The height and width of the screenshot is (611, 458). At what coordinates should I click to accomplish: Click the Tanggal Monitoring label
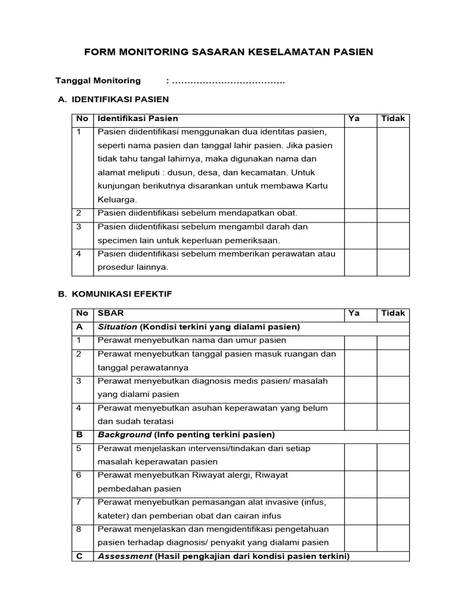98,81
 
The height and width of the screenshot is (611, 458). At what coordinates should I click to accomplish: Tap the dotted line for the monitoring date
228,81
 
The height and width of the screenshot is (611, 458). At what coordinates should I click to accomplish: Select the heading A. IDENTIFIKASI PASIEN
113,99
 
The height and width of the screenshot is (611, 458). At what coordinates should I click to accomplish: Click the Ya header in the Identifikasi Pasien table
354,119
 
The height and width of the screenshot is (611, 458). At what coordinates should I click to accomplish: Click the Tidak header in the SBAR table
393,313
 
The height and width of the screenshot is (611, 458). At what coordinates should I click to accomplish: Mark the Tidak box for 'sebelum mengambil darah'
393,234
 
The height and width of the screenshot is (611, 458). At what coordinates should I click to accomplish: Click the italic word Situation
117,327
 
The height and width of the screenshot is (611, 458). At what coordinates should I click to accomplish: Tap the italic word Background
124,434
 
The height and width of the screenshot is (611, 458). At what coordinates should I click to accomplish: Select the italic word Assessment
125,556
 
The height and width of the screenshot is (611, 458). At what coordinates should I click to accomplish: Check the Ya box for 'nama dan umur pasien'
361,341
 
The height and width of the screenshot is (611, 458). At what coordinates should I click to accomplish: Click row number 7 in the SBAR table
79,502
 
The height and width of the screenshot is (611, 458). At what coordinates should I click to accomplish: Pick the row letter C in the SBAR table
79,556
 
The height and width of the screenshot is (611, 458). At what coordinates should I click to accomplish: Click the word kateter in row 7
112,516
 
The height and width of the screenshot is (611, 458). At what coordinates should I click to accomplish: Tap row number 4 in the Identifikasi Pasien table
79,254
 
